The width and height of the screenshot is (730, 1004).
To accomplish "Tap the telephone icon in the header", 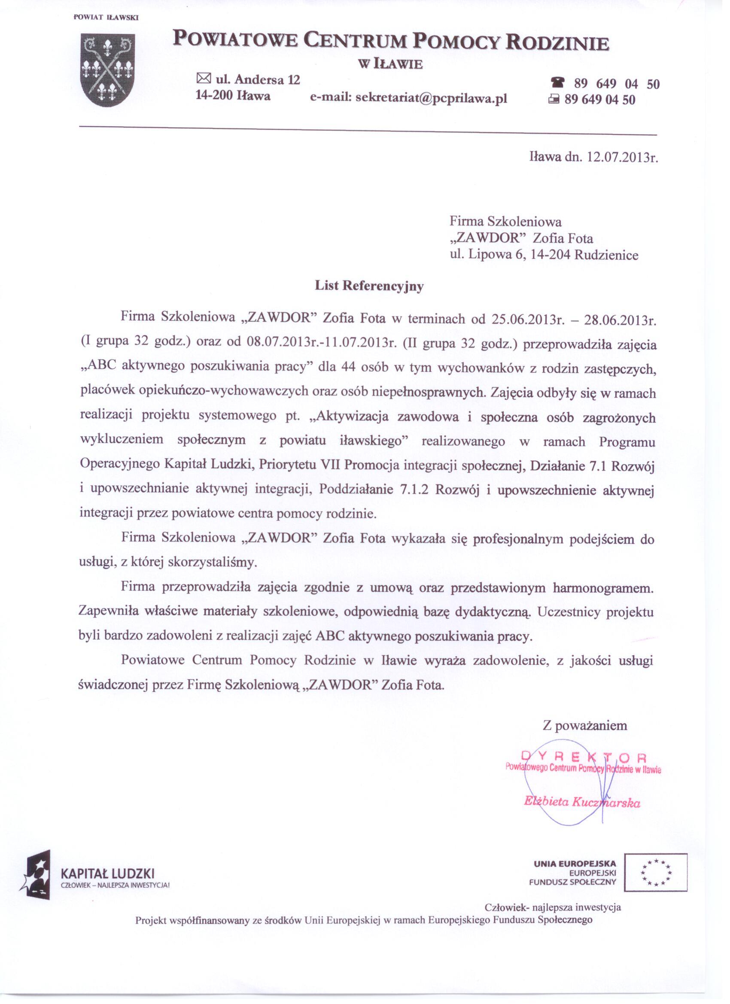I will pos(559,83).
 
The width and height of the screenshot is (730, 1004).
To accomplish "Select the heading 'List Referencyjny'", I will pos(369,286).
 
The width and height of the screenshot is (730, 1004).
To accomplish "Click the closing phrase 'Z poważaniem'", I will pos(585,726).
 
